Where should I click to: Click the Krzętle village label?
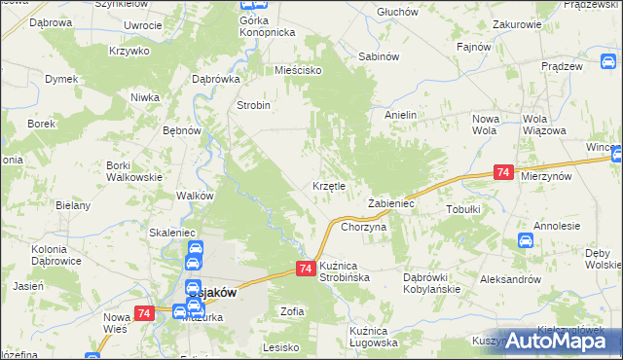tap(330, 185)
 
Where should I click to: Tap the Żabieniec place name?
tap(392, 204)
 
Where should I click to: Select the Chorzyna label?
tap(364, 227)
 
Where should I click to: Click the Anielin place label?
tap(400, 115)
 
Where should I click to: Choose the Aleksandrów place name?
tap(512, 279)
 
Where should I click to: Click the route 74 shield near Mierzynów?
tap(503, 172)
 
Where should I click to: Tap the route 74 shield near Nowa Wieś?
tap(144, 313)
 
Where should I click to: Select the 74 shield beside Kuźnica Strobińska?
tap(305, 269)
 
